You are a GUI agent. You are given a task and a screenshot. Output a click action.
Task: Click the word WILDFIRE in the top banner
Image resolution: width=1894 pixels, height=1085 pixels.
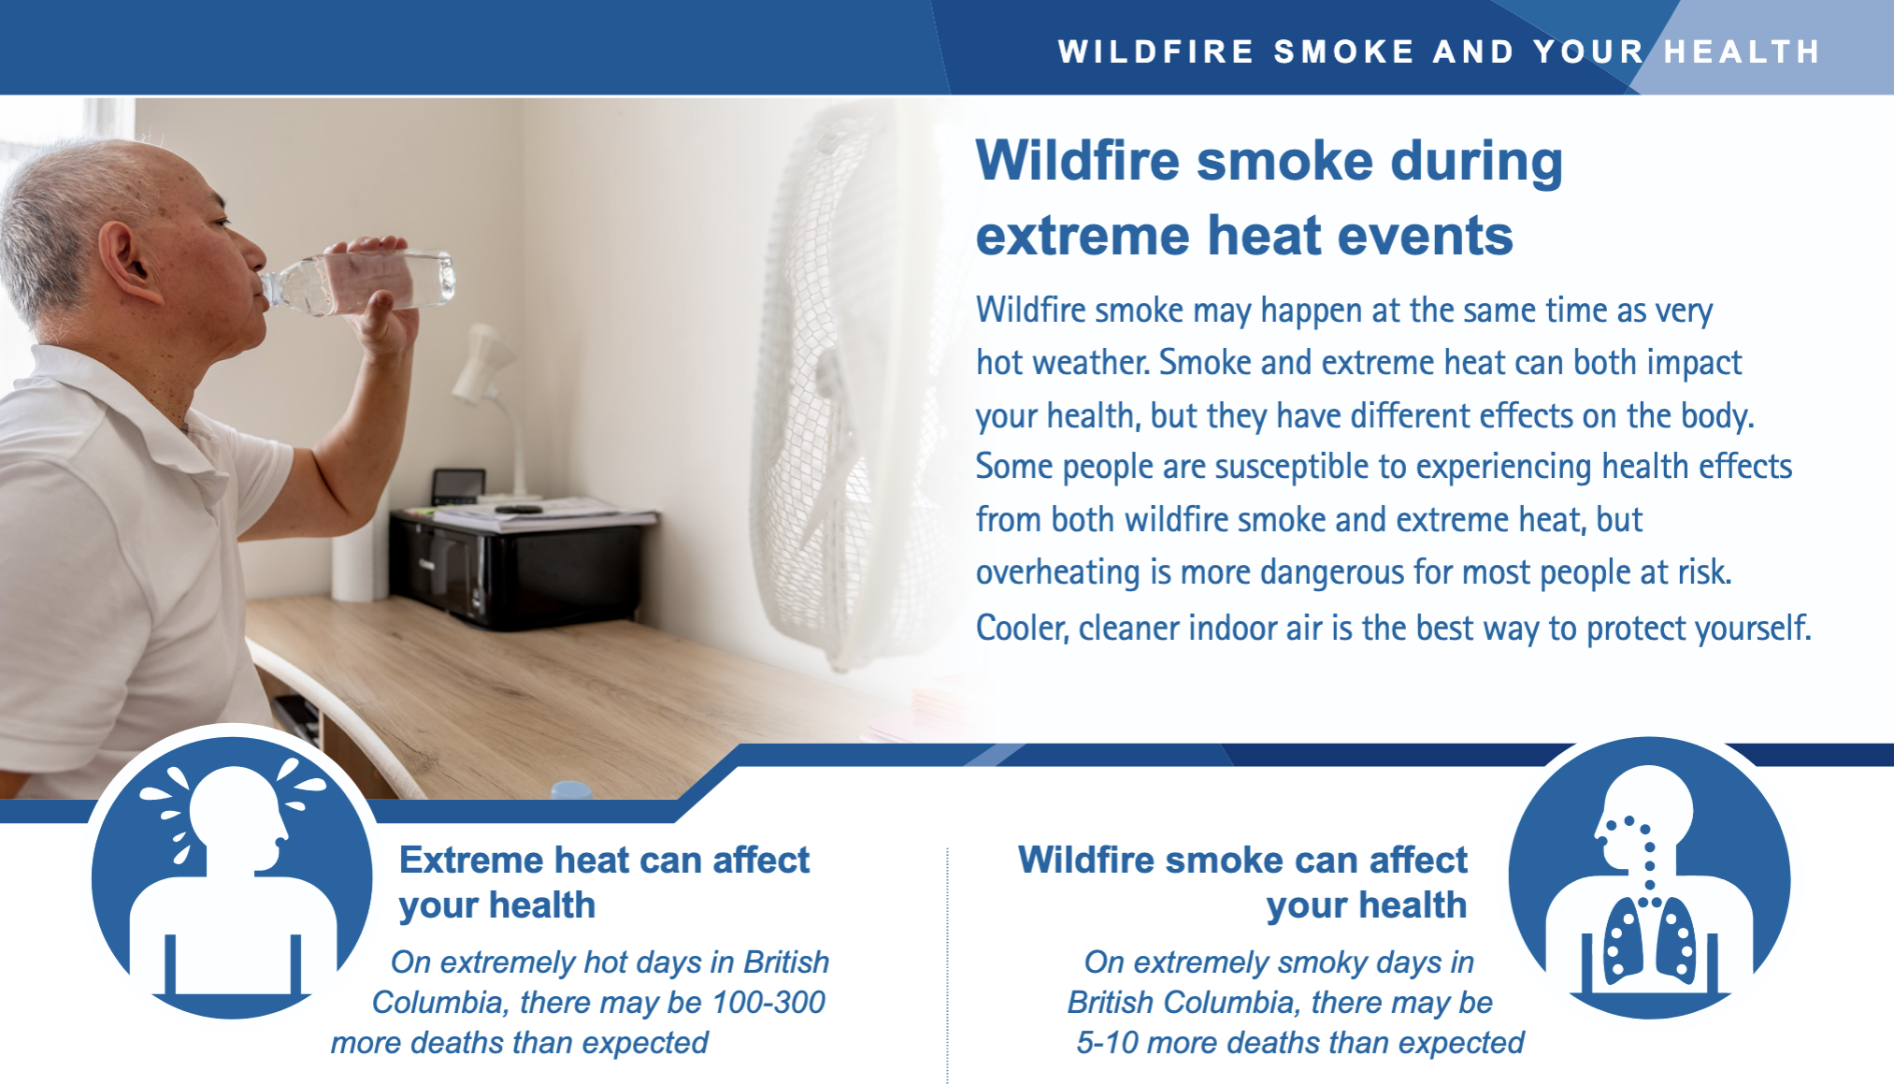point(1156,51)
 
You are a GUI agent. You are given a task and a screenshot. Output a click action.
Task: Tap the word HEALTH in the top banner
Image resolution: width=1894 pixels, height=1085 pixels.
point(1743,51)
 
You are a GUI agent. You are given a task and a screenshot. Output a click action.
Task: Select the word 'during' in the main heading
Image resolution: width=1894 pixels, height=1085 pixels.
point(1476,162)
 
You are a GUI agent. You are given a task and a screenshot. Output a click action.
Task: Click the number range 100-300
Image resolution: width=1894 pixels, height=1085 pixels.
point(768,1003)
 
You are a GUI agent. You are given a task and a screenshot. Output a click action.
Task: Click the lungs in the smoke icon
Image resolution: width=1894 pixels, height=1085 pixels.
point(1650,940)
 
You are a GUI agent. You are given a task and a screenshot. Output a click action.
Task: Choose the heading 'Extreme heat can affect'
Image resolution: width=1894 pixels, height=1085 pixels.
point(604,861)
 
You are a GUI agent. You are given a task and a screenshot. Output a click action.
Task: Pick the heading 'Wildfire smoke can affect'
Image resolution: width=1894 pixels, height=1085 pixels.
point(1242,861)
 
